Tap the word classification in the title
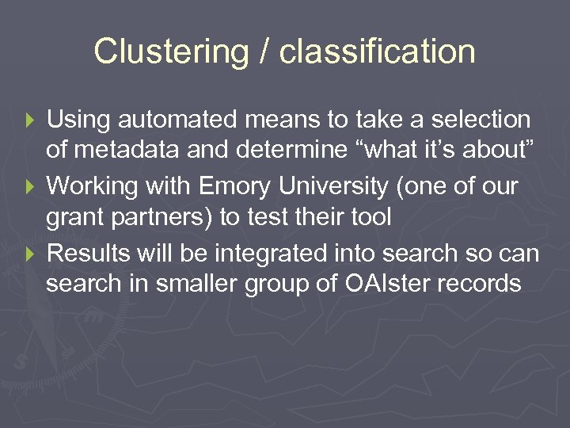[378, 52]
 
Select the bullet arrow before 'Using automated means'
[31, 120]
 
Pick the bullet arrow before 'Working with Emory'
[31, 187]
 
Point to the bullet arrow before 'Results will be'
[31, 254]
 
